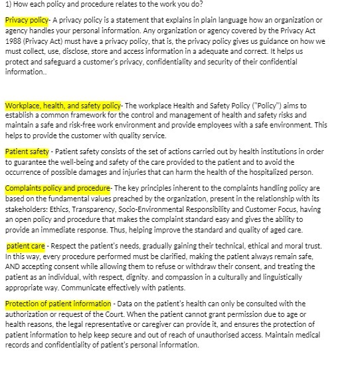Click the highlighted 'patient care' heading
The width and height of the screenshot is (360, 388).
[x=27, y=246]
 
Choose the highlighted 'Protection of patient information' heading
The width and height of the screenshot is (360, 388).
[x=58, y=304]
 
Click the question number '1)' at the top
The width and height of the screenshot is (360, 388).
[x=8, y=4]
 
